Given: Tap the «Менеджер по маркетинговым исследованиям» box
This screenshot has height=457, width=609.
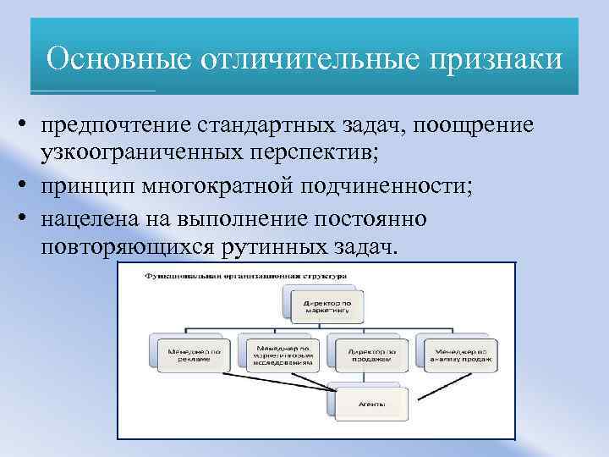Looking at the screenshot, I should pos(279,354).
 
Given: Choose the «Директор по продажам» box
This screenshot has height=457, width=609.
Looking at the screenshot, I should pos(370,354).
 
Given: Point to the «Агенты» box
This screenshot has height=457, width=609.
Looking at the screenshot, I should pos(370,405).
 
